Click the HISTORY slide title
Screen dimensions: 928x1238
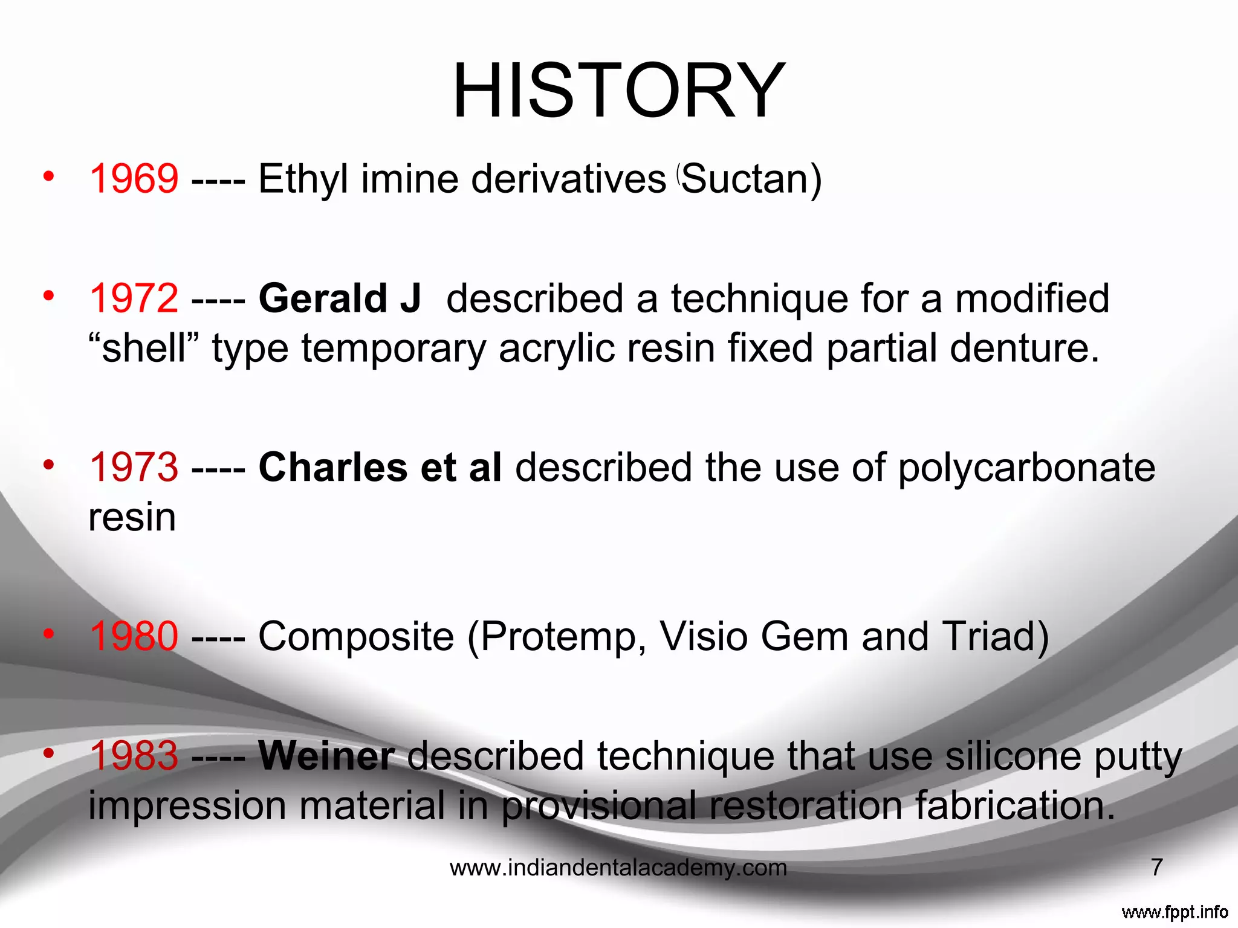pos(619,91)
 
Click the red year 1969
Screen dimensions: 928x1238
pos(134,179)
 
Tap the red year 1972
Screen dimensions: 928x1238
pos(134,298)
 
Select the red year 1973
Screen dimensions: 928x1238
pos(134,468)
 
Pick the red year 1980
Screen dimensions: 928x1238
pos(134,636)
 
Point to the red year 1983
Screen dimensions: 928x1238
pos(134,756)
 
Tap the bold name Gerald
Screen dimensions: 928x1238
pos(323,298)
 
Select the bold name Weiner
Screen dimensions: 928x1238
pos(326,756)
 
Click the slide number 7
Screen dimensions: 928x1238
pos(1156,868)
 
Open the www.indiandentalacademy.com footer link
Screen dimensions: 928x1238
pos(618,868)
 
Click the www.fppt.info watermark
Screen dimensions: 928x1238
pos(1175,912)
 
